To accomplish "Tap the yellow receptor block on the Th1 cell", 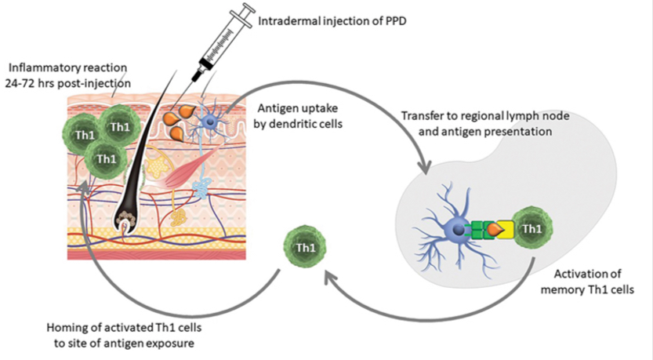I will click(x=506, y=228).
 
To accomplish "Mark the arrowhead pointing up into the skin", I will click(x=94, y=187).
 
